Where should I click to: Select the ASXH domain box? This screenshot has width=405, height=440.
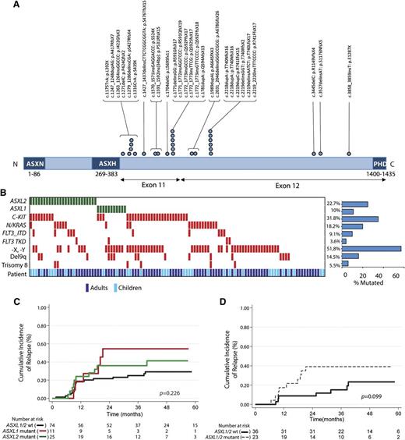[x=107, y=165]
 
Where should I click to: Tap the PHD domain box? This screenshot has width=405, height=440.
[x=382, y=165]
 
